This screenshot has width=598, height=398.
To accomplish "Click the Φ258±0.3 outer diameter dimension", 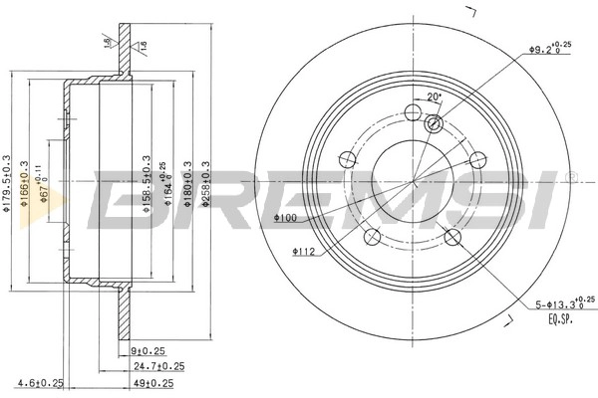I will (x=206, y=184).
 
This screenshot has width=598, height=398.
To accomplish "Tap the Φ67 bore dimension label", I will (x=45, y=184).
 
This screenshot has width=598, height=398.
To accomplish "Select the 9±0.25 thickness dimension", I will (x=147, y=350).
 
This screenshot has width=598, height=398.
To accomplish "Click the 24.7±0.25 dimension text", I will (x=155, y=366).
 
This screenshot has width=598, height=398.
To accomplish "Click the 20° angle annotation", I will (x=433, y=97).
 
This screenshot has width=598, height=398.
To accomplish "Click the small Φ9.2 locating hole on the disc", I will (x=434, y=123).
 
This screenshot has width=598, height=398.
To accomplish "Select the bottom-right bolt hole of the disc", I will (x=451, y=236).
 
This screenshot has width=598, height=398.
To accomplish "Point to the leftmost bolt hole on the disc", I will (x=347, y=158).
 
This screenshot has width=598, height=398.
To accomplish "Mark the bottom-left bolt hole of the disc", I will (x=373, y=236).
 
